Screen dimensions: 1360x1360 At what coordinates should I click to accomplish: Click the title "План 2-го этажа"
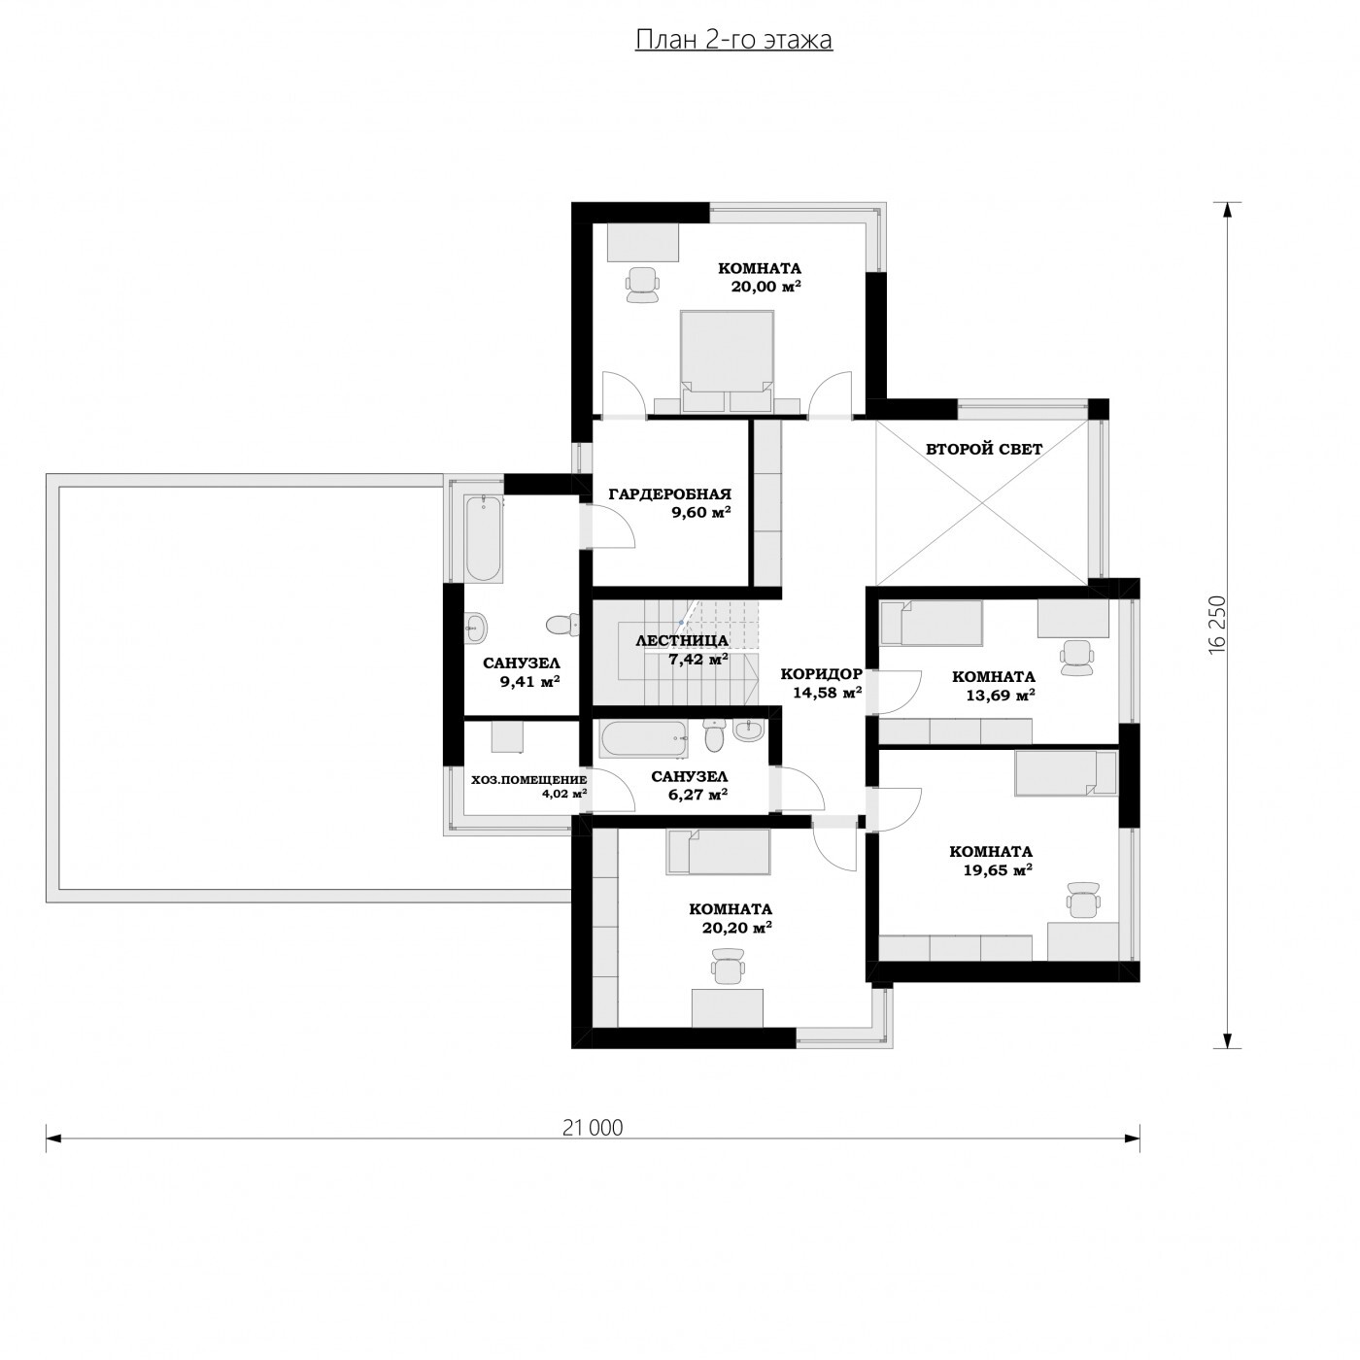733,40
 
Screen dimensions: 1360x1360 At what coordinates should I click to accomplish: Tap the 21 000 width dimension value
593,1128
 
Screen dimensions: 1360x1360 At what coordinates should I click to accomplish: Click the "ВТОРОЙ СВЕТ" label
984,449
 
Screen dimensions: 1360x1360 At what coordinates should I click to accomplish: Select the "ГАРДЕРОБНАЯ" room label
669,494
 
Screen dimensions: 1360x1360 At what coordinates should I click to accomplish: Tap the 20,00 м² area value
765,287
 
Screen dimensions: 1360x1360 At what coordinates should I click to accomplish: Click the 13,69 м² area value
1000,696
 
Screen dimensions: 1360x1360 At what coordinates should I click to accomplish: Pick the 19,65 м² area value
998,870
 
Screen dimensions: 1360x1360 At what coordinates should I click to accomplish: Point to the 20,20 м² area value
736,928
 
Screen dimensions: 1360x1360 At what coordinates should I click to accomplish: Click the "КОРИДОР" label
821,674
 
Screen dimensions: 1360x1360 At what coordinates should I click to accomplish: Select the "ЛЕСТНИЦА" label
682,641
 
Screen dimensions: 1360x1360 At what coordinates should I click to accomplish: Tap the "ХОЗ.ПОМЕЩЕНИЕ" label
528,780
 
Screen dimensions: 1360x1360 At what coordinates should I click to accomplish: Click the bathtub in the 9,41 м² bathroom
484,538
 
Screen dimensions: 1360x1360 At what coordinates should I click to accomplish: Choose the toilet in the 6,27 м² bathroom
714,736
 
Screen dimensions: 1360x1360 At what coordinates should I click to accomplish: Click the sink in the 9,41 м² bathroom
476,626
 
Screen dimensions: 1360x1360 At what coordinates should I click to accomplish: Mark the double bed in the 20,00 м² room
727,361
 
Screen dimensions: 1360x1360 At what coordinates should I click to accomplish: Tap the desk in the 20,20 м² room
727,1007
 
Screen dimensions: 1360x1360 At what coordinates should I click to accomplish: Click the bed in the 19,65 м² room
1065,773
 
